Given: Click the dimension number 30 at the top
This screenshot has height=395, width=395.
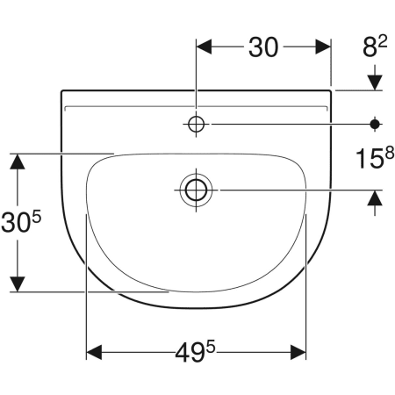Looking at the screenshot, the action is point(263,47).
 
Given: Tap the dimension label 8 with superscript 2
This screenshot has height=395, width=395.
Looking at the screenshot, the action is point(375,46).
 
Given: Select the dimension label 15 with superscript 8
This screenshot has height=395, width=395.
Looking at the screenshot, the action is point(375,158).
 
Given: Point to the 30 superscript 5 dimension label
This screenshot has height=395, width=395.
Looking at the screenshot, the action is point(21,222).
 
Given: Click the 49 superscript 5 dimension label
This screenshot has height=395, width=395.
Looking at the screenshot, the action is point(195,352).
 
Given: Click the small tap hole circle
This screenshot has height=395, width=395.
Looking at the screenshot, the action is point(196,125).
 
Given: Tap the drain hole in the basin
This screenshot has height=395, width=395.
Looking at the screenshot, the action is point(196,190).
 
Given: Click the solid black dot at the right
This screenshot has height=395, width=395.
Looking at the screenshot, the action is point(375,125).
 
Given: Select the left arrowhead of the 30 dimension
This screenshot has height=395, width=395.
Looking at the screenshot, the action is point(204,47).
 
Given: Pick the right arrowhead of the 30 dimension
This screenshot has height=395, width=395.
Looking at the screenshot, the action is point(323,47).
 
